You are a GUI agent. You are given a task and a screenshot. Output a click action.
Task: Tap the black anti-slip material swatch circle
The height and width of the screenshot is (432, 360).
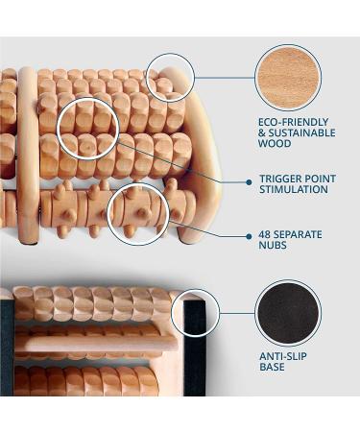pyautogui.click(x=288, y=313)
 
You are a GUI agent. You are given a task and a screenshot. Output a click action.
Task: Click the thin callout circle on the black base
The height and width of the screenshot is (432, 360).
pyautogui.click(x=195, y=313)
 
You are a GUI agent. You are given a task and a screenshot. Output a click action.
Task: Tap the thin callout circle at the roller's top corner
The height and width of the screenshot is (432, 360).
pyautogui.click(x=170, y=78)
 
